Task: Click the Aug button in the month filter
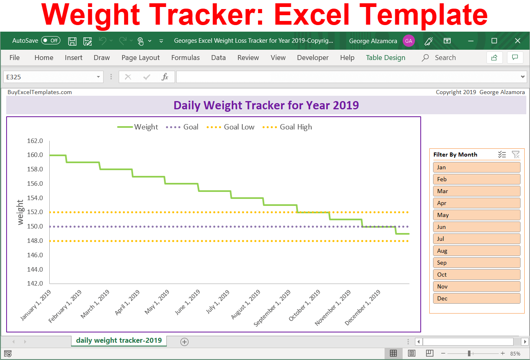click(477, 251)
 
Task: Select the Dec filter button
click(477, 298)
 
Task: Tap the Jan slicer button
click(477, 167)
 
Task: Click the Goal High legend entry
click(295, 127)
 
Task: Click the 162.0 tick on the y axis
click(35, 141)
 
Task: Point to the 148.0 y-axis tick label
click(35, 241)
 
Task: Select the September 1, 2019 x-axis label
click(272, 308)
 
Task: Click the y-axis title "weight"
click(20, 212)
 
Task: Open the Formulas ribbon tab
click(185, 58)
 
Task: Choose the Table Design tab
click(385, 58)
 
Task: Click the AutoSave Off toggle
click(51, 41)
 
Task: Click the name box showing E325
click(49, 77)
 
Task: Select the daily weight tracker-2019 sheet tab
click(119, 340)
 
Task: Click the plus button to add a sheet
click(184, 342)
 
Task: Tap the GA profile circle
click(408, 41)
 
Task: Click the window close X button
click(518, 41)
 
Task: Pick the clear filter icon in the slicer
click(516, 155)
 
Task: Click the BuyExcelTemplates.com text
click(39, 92)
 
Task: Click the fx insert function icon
click(165, 77)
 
